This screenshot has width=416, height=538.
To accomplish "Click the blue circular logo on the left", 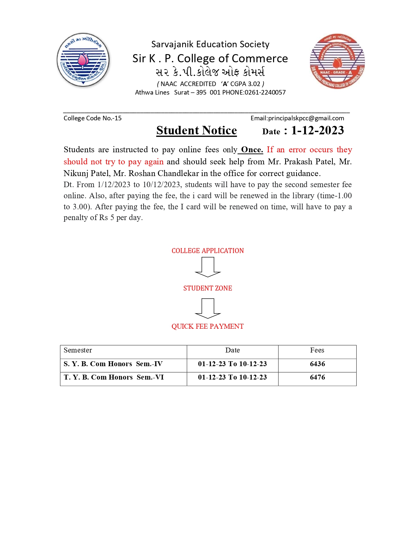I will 83,60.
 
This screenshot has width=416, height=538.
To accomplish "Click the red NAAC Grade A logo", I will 337,61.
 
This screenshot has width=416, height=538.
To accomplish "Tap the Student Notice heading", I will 196,130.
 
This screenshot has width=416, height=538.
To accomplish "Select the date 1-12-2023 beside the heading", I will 317,130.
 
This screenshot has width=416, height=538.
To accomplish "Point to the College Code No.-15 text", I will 92,118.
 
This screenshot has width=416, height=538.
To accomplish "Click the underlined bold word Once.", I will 252,150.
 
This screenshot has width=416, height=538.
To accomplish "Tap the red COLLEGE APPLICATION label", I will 208,251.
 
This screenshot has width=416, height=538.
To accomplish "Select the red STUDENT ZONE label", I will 208,288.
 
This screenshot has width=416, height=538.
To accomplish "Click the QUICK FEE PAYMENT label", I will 208,326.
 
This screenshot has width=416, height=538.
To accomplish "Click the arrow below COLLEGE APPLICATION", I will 208,267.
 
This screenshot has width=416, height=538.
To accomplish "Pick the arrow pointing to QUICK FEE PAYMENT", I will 208,308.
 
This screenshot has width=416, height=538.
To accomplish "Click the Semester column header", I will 78,350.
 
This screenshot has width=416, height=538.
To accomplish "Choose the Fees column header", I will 317,350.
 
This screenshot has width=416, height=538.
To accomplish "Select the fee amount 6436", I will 317,364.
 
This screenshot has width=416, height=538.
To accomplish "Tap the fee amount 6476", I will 317,377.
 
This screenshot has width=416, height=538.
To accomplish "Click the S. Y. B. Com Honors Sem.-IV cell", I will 113,364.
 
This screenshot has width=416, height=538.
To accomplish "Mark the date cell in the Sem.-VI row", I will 232,377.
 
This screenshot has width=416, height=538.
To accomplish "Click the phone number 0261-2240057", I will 265,92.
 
